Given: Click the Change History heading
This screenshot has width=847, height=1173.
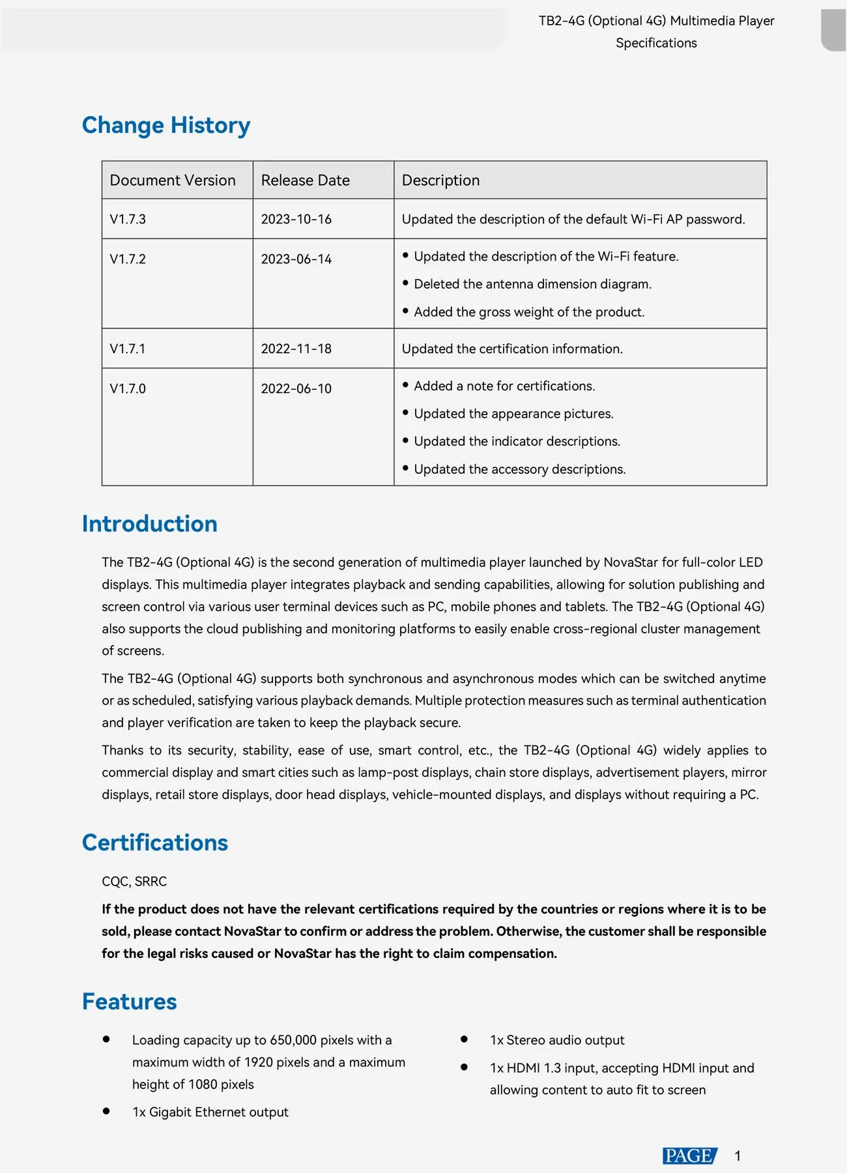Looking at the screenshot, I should (166, 125).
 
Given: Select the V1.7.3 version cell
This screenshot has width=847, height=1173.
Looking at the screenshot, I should (128, 219).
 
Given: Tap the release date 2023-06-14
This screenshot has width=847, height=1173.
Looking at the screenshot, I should (296, 259).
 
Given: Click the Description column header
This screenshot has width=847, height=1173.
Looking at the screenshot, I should (440, 181).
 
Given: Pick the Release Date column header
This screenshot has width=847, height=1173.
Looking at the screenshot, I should (306, 181).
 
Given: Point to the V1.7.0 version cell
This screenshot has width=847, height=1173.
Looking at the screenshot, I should (128, 388).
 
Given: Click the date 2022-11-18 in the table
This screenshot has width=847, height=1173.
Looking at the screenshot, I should (296, 349).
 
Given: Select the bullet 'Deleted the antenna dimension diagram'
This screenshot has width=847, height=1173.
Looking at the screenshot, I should (532, 284).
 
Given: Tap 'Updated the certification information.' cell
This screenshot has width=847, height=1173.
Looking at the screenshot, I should (512, 349).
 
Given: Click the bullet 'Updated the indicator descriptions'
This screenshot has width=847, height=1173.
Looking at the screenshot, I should (517, 441).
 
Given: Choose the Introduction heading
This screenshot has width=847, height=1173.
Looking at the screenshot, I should (150, 524).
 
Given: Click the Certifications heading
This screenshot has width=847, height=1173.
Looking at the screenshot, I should (155, 843).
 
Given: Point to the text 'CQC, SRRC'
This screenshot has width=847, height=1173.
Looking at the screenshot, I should (134, 881).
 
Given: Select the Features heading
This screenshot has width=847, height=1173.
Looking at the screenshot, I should (130, 1002).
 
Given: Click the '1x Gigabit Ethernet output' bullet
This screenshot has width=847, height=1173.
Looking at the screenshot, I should (210, 1112).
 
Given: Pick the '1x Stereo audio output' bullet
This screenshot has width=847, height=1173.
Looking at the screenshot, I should (557, 1040).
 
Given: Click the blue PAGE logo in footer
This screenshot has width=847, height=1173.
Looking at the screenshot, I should (689, 1155).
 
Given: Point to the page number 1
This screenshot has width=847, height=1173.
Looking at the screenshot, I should (738, 1156).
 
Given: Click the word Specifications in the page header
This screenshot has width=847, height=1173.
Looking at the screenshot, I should (656, 43).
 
